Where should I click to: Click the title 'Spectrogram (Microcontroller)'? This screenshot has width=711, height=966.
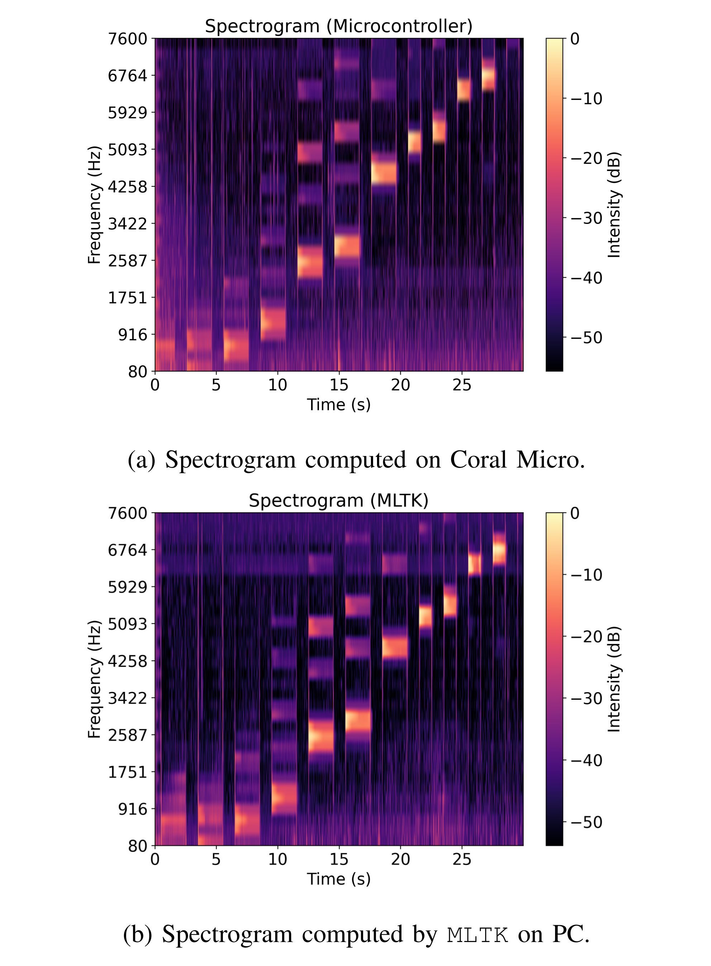pos(338,26)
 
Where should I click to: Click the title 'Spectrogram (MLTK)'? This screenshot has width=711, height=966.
pos(338,501)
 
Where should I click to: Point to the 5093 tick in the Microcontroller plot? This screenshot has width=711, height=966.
pos(127,150)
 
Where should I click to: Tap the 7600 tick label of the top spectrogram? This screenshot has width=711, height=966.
pos(127,39)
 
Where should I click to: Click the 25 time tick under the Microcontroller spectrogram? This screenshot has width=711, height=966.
pos(462,385)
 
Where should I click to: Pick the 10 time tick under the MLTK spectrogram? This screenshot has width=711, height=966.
pos(278,859)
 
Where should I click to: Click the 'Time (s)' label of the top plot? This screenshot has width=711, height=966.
pos(338,405)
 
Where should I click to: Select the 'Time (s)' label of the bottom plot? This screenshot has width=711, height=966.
pos(338,879)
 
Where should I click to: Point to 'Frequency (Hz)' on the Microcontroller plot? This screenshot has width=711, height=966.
pos(94,205)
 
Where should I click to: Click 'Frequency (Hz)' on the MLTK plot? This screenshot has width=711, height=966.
pos(94,679)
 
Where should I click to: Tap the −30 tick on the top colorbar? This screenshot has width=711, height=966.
pos(586,218)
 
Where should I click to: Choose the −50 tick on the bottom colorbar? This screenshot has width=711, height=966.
pos(586,822)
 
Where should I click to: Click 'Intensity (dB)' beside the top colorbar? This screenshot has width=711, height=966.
pos(614,205)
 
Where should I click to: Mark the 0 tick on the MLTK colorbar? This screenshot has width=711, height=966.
pos(575,513)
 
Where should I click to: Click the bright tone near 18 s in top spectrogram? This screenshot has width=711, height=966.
pos(383,173)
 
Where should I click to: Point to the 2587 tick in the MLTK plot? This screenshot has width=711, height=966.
pos(127,735)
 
